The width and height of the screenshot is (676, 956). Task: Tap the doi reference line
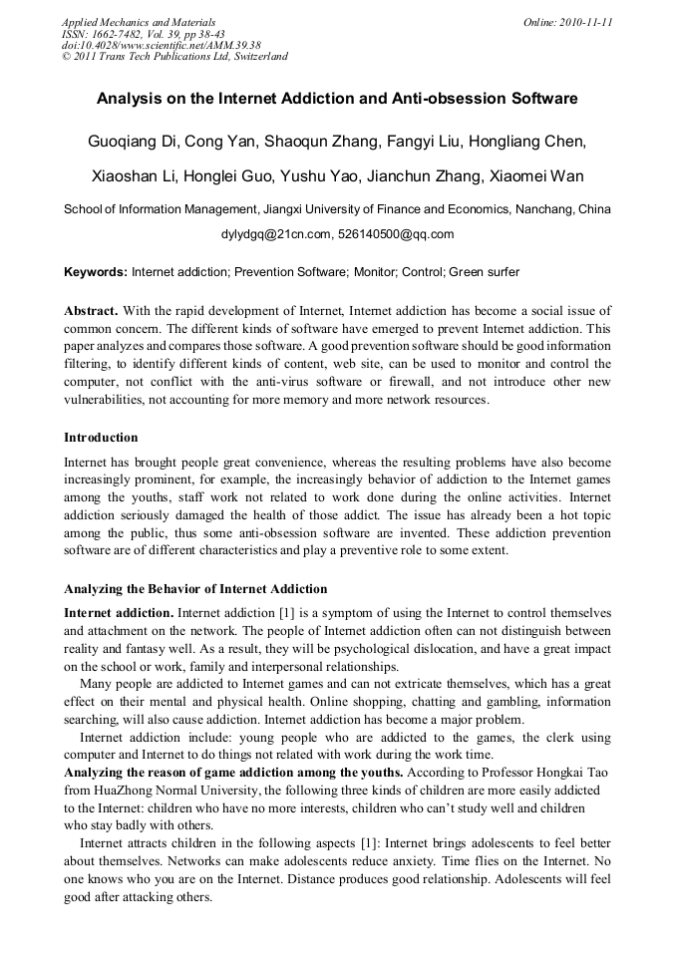click(x=162, y=45)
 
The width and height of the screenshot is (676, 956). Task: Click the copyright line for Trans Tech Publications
click(x=174, y=57)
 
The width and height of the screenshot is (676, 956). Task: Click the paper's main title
click(x=337, y=100)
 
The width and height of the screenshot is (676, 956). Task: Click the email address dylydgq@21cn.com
click(x=275, y=235)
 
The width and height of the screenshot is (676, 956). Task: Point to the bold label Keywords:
click(x=96, y=272)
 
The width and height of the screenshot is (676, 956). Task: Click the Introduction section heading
click(x=101, y=438)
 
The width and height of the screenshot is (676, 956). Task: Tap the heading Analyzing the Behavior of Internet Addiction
click(x=195, y=589)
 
